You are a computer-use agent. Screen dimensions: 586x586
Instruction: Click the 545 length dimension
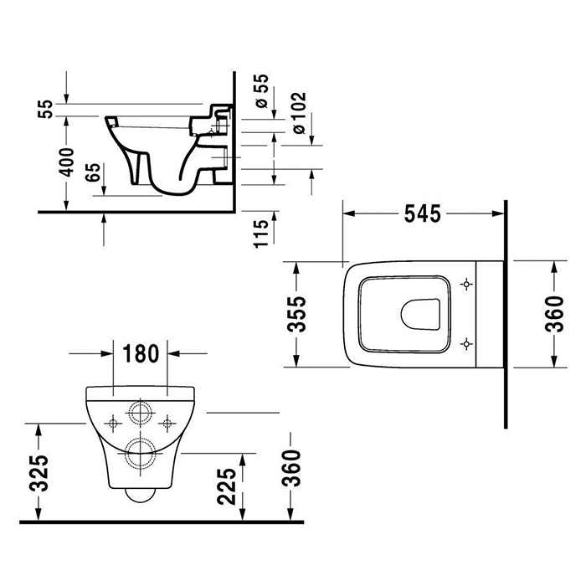[424, 214]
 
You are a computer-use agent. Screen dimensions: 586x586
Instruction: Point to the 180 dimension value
[141, 354]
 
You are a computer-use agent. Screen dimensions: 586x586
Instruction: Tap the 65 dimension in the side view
[93, 174]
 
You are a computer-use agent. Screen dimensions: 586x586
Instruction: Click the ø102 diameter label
[301, 108]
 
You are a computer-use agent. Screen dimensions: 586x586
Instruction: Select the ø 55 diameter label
[262, 90]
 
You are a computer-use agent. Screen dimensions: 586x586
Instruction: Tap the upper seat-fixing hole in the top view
[466, 285]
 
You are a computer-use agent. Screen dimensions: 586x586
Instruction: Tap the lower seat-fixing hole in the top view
[466, 342]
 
